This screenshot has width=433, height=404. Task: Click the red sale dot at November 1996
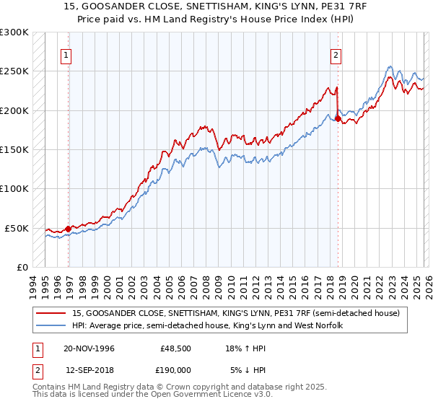click(x=69, y=229)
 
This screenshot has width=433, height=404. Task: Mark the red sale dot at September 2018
click(x=337, y=118)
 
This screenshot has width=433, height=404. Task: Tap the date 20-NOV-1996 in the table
click(x=89, y=348)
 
